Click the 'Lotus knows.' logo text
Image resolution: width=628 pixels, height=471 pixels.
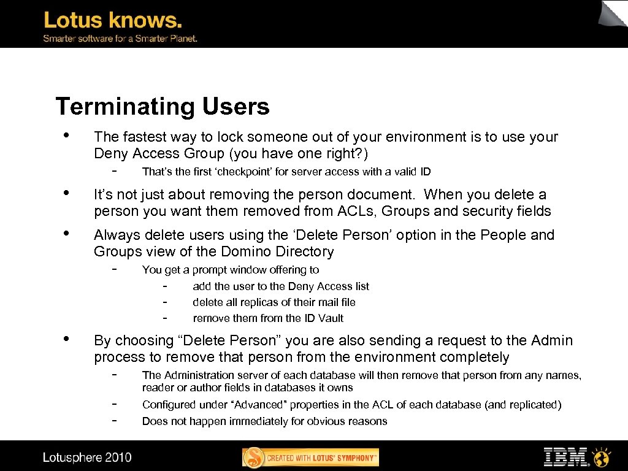[x=113, y=20]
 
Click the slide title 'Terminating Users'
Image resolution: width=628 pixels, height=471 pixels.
[x=163, y=107]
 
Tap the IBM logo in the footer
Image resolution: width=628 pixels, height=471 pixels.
[x=565, y=457]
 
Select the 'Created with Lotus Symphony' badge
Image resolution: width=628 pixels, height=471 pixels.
[x=311, y=458]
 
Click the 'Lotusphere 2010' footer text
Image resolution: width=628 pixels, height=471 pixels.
[x=87, y=458]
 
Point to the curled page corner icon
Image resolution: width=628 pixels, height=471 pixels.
[x=613, y=13]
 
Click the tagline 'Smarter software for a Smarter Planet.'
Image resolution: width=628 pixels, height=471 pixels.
[x=120, y=39]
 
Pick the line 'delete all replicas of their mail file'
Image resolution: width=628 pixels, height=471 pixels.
[x=274, y=302]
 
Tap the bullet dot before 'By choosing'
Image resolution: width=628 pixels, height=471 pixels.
[x=66, y=339]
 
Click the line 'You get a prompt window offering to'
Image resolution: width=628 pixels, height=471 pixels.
[x=231, y=270]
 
